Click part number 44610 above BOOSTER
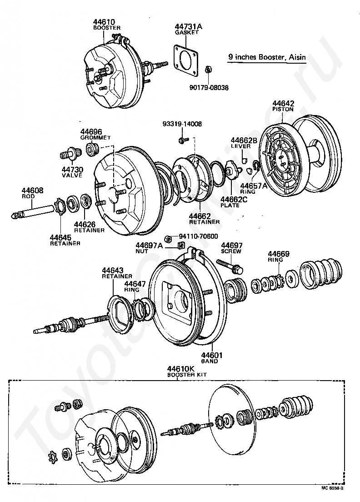coord(104,22)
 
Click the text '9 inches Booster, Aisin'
coord(266,57)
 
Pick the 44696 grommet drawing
coord(92,149)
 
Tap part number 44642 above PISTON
coord(283,103)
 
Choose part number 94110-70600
coord(198,236)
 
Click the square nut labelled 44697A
coord(181,246)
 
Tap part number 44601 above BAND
coord(210,355)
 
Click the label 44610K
coord(180,369)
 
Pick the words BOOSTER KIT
coord(180,375)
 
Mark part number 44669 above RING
coord(279,254)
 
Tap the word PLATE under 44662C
coord(229,205)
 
